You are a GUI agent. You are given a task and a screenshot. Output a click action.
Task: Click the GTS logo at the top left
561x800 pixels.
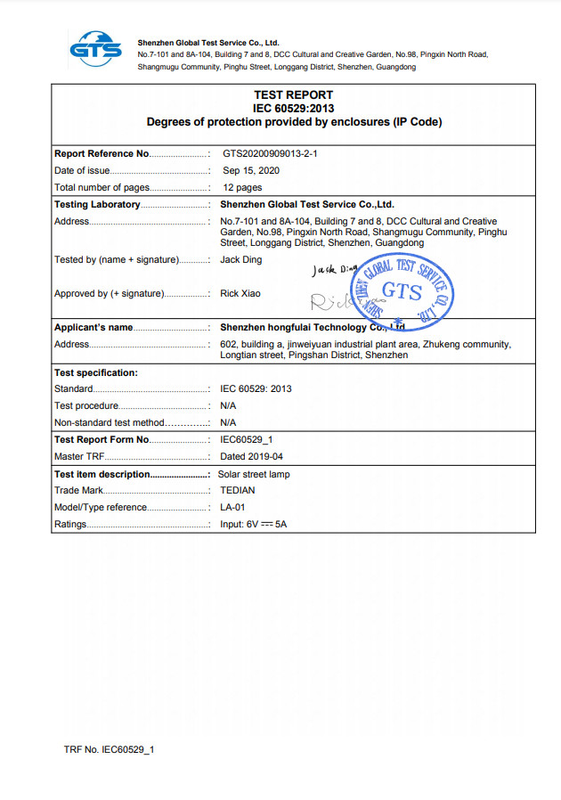point(96,48)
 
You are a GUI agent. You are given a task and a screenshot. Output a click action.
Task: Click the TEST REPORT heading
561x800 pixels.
point(293,94)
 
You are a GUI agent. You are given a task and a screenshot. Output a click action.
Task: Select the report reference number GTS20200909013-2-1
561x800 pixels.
point(271,154)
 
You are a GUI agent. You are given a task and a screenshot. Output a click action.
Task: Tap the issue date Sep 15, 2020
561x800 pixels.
point(251,170)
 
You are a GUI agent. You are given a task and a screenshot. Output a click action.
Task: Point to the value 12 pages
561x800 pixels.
point(242,187)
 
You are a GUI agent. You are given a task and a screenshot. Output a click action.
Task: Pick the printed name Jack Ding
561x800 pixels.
point(241,259)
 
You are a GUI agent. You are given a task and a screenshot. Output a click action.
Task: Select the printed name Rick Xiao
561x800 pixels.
point(240,293)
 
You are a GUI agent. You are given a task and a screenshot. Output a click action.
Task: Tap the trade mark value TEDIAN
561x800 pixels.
point(237,490)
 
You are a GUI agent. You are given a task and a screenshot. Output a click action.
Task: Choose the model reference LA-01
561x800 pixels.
point(232,507)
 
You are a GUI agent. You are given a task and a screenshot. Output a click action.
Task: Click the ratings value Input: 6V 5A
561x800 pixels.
point(253,524)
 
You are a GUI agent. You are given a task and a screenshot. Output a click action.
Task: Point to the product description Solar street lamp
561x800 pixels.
point(254,474)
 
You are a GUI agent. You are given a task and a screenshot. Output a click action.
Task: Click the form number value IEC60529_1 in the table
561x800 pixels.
point(246,439)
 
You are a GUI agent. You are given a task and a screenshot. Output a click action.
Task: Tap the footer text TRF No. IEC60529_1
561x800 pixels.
point(109,749)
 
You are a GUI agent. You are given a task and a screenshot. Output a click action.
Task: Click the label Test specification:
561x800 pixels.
point(96,372)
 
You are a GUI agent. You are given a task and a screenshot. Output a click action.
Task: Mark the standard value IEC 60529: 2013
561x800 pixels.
point(256,388)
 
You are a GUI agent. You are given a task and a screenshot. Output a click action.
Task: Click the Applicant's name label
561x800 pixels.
point(93,327)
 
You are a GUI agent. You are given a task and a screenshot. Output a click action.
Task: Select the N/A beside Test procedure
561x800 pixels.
point(228,405)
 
